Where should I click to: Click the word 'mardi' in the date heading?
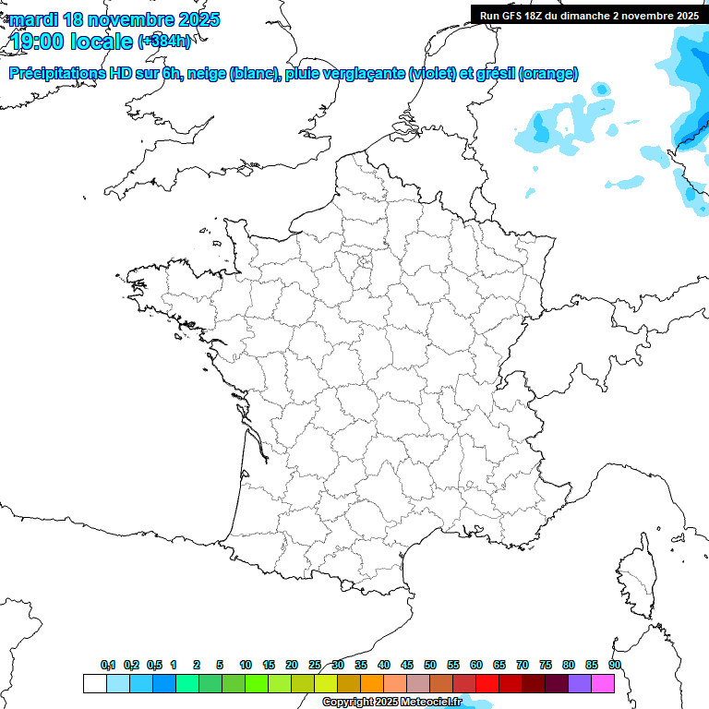[x=31, y=18]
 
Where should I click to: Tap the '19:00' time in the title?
[x=37, y=41]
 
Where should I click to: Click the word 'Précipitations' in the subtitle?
[x=54, y=74]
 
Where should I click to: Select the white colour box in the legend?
[x=94, y=683]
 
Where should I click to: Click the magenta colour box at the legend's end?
[x=603, y=683]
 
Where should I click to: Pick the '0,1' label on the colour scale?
[x=108, y=665]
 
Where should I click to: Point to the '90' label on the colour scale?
[x=614, y=665]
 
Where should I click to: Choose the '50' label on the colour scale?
[x=430, y=665]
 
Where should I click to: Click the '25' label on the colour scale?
[x=315, y=665]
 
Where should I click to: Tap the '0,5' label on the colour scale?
[x=154, y=665]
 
